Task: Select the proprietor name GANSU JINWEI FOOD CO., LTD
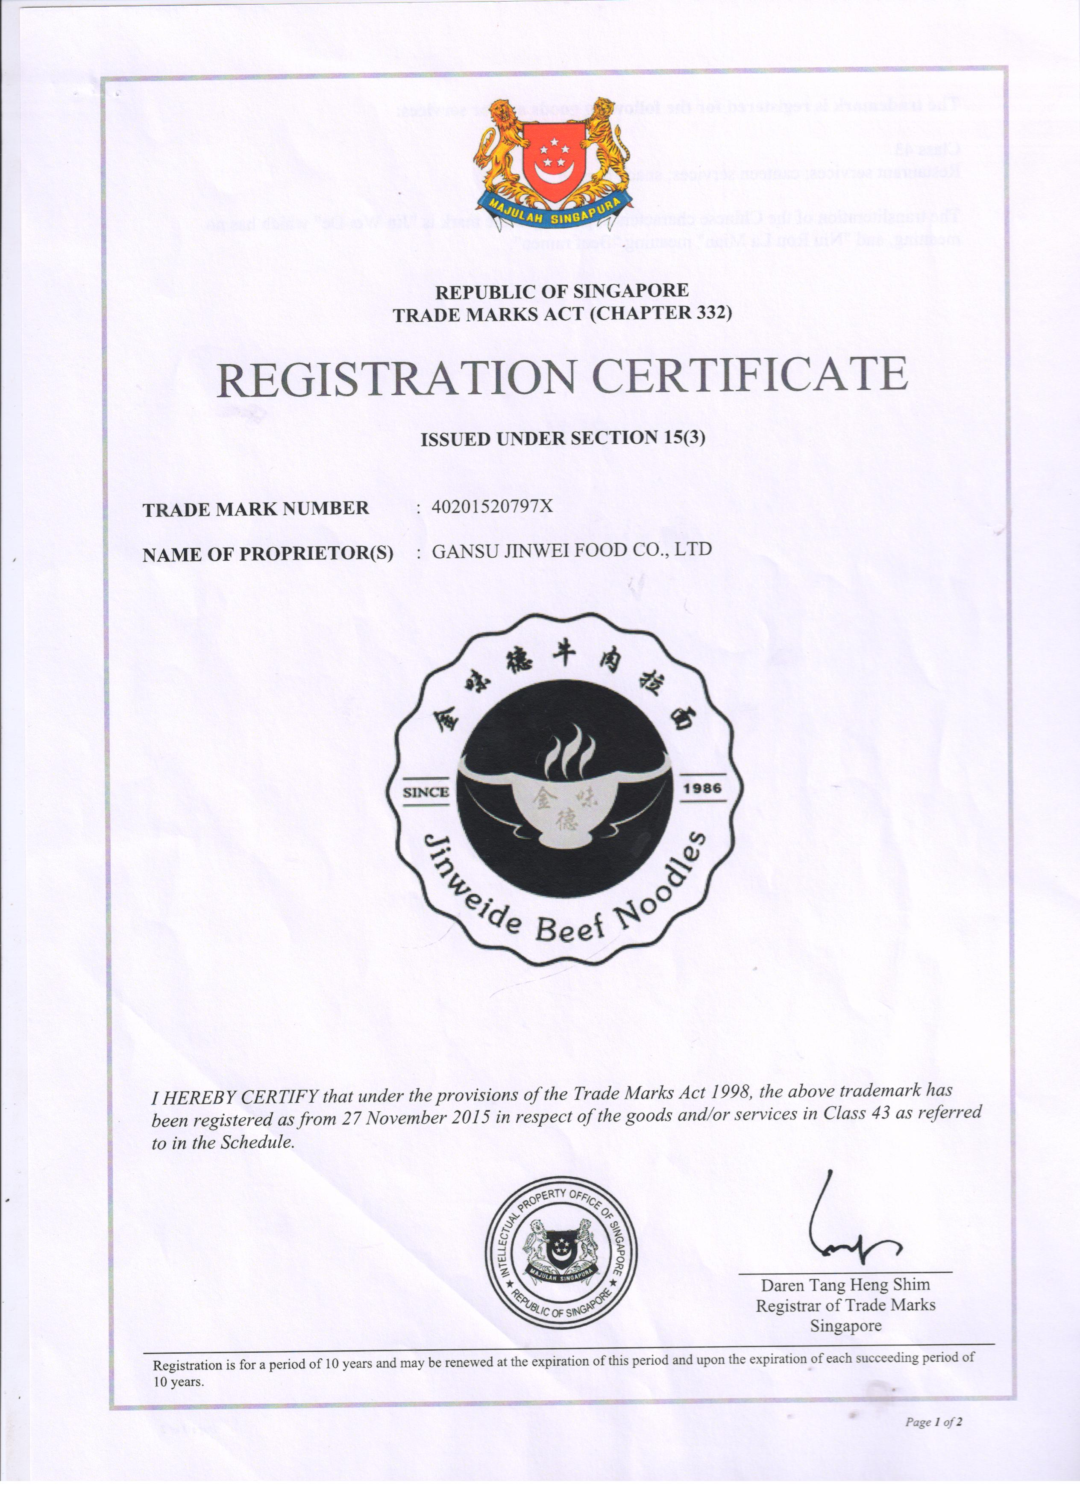point(571,549)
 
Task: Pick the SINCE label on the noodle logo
point(426,792)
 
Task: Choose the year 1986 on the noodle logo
point(702,788)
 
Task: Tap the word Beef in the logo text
point(570,929)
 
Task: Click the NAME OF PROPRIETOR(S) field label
point(267,554)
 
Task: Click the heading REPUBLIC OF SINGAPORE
point(561,290)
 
